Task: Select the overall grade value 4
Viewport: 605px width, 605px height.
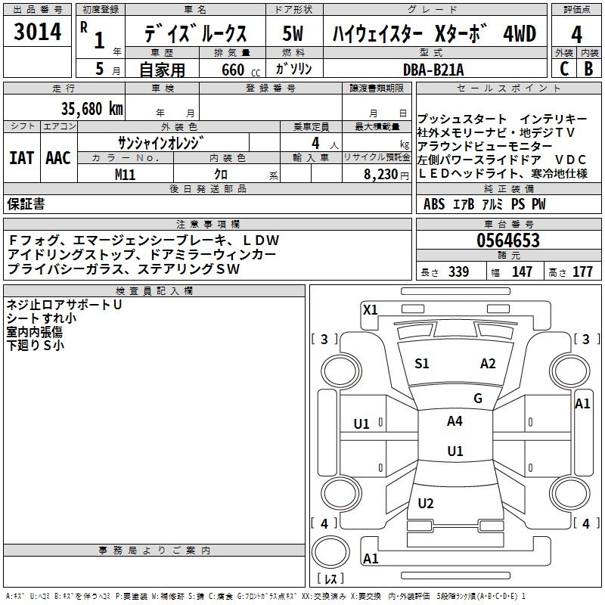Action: pyautogui.click(x=577, y=36)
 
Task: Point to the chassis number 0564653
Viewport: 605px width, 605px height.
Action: pyautogui.click(x=508, y=241)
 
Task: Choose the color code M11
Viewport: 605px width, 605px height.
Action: pyautogui.click(x=126, y=174)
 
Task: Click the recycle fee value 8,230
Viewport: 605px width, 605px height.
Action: pyautogui.click(x=381, y=174)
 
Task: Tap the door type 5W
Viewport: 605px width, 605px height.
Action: pyautogui.click(x=294, y=35)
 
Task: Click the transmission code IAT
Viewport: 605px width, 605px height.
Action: pyautogui.click(x=20, y=157)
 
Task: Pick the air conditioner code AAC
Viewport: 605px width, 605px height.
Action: pyautogui.click(x=58, y=157)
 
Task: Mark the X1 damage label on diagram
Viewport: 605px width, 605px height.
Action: pyautogui.click(x=370, y=309)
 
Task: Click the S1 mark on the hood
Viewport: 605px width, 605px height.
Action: pyautogui.click(x=422, y=364)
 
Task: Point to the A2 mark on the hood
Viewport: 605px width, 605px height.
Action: pyautogui.click(x=488, y=364)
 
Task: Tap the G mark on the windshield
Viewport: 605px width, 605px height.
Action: pyautogui.click(x=478, y=399)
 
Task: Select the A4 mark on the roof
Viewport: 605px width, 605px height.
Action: pyautogui.click(x=455, y=421)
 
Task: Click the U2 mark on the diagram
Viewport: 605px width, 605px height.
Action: pyautogui.click(x=426, y=504)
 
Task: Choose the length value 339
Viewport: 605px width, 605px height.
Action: pyautogui.click(x=458, y=272)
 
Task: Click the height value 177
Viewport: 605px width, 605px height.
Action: pyautogui.click(x=583, y=272)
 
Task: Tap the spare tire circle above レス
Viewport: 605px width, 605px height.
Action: pyautogui.click(x=330, y=553)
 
